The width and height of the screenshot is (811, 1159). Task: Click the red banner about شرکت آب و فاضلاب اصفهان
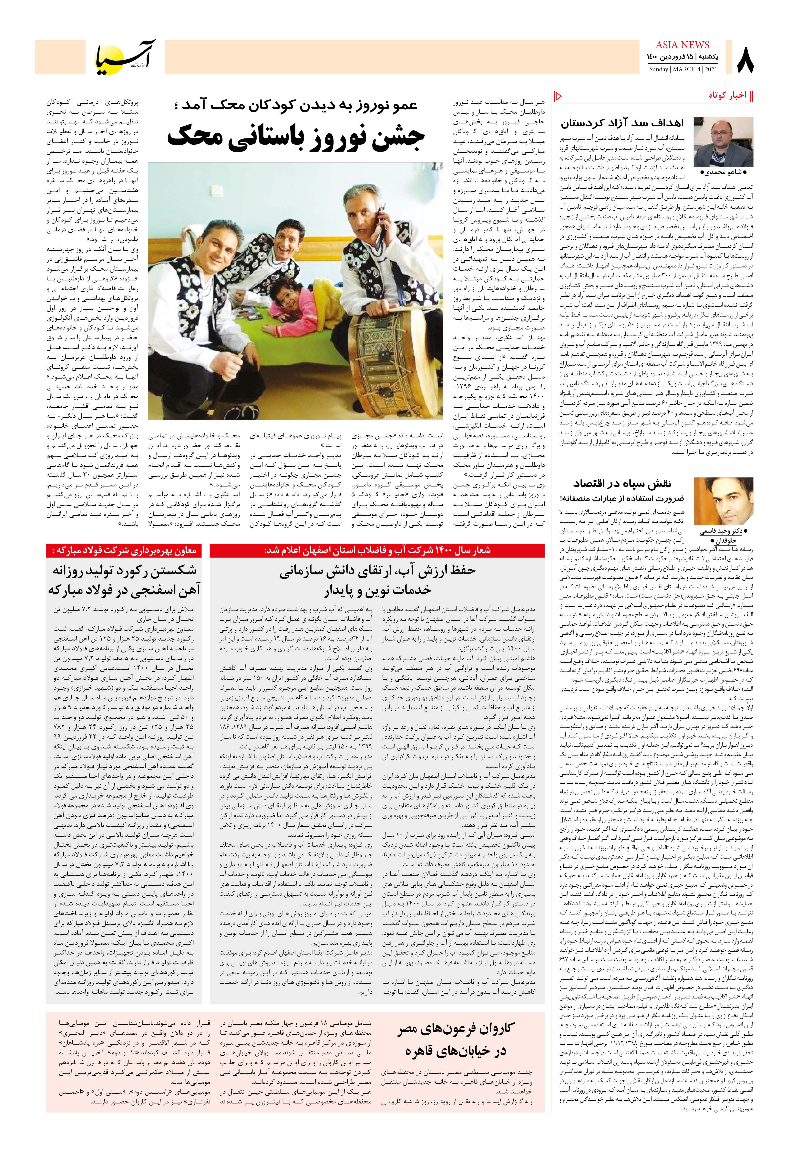pos(377,550)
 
